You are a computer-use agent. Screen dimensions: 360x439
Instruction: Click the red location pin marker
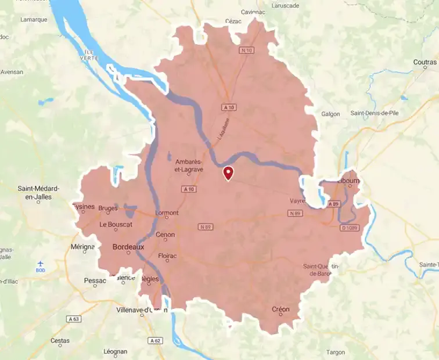coord(229,173)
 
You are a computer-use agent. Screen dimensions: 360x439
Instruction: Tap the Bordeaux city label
coord(127,247)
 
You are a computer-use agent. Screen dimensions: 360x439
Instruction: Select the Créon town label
coord(280,309)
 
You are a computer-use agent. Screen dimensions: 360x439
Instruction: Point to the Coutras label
coord(425,62)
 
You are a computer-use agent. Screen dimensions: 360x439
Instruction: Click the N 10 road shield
coord(247,51)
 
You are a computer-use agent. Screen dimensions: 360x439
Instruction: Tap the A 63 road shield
coord(74,319)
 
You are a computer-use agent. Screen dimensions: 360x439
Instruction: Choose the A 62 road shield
coord(154,340)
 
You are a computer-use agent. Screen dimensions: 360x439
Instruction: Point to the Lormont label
coord(167,213)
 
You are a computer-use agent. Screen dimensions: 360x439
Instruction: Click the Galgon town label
coord(330,114)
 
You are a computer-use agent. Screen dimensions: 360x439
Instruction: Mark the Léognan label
coord(114,351)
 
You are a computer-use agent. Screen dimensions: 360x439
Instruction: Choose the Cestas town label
coord(60,341)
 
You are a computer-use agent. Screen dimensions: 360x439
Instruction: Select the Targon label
coord(336,352)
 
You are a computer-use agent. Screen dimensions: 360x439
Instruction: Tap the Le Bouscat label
coord(116,224)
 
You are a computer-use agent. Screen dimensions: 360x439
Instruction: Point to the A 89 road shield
coord(333,204)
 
